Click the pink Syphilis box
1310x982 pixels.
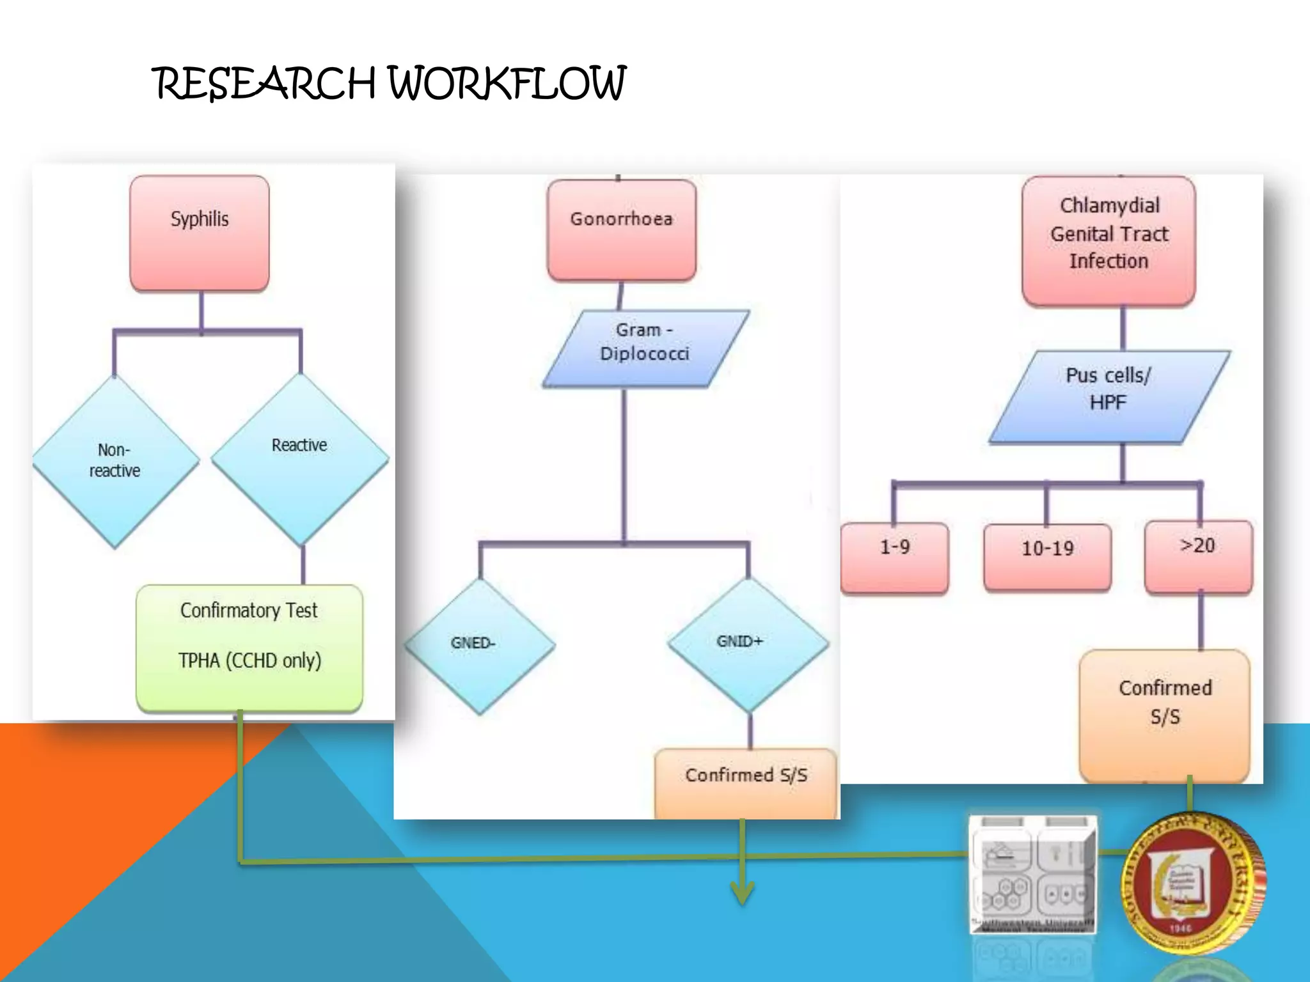[199, 233]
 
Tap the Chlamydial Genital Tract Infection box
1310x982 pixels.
[1109, 240]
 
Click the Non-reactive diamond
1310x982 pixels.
[115, 460]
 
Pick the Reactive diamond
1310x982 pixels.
[299, 458]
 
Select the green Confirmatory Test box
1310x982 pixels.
[249, 647]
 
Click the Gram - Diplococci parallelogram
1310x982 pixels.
[645, 348]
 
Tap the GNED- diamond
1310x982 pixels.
[478, 644]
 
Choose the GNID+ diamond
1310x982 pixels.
[747, 643]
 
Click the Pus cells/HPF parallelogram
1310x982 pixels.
[1109, 396]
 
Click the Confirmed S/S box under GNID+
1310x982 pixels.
[746, 784]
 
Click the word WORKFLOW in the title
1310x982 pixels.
[507, 84]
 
